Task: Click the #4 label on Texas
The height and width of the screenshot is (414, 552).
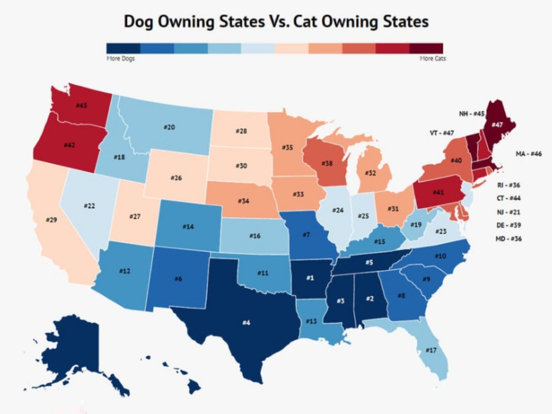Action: click(246, 323)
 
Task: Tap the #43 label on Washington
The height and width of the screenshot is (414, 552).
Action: click(81, 106)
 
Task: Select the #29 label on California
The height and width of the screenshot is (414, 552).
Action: click(51, 220)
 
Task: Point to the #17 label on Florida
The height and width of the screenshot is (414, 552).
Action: click(431, 351)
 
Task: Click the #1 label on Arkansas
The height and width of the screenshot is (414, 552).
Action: click(310, 278)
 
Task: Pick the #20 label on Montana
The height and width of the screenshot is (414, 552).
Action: click(169, 127)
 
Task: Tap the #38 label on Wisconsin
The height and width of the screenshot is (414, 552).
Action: click(327, 163)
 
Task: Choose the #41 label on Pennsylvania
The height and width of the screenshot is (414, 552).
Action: click(438, 192)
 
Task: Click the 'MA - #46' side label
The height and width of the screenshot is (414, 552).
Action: click(529, 154)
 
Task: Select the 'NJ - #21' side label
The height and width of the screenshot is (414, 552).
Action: click(508, 212)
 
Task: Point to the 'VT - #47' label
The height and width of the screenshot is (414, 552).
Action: click(442, 133)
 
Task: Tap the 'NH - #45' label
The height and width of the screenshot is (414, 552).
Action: click(472, 114)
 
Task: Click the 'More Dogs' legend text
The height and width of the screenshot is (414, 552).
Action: click(120, 59)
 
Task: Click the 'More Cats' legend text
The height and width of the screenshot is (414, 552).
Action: click(433, 59)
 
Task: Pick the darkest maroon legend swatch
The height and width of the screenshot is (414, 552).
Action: click(426, 48)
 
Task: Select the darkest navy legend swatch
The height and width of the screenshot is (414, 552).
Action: click(123, 48)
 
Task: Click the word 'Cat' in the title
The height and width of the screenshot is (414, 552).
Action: click(334, 22)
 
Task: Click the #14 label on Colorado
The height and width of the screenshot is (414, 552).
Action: click(188, 227)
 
